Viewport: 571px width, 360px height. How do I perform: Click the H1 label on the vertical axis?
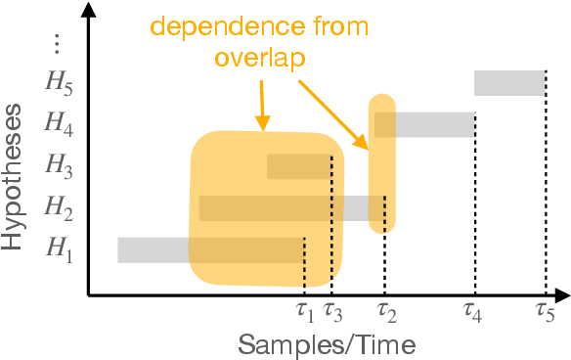(59, 250)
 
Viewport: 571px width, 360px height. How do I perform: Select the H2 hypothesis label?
(59, 207)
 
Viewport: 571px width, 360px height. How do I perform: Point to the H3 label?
(59, 166)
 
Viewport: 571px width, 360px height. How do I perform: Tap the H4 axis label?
(59, 123)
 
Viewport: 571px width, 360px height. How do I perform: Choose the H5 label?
(59, 82)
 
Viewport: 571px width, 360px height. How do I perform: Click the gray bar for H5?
(509, 82)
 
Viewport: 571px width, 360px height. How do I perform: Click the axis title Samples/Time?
(328, 344)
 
